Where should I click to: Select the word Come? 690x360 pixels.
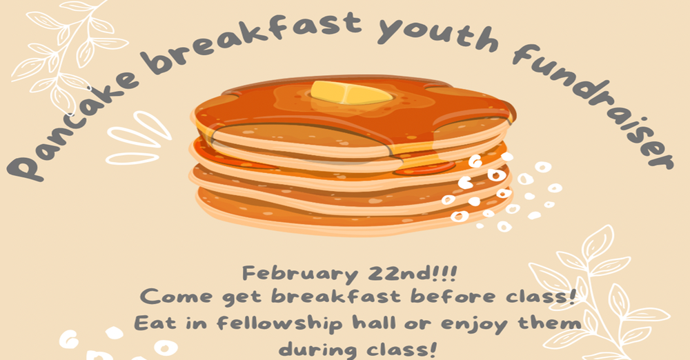(172, 298)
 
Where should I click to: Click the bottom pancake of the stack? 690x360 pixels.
(345, 207)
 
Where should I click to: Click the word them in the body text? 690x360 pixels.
(552, 323)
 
